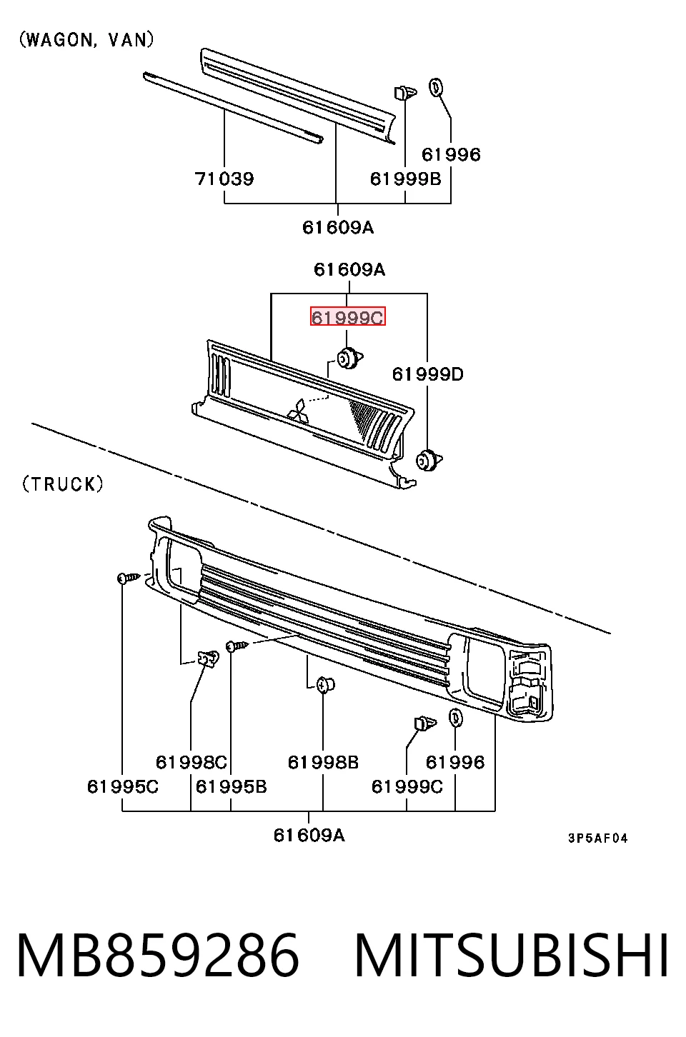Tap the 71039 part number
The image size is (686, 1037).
pos(224,179)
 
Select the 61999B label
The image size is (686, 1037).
pos(405,179)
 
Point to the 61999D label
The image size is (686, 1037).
pos(427,374)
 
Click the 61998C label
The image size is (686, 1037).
pos(191,762)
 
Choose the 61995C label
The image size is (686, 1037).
pos(123,786)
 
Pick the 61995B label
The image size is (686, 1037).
pos(231,786)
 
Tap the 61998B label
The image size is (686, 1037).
pos(323,762)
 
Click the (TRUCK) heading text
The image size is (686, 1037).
pos(63,484)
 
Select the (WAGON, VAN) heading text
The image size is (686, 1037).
pos(86,40)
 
